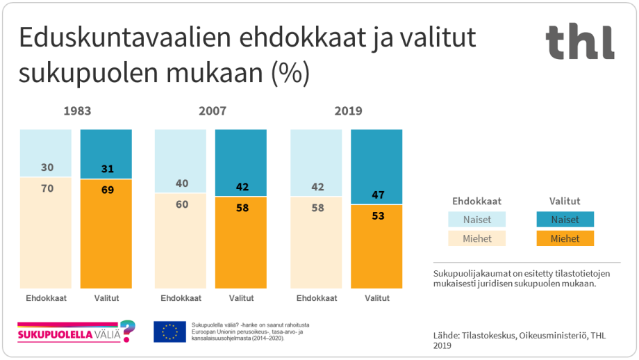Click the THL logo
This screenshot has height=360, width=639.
(580, 42)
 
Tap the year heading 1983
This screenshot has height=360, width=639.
(77, 111)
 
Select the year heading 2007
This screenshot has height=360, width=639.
(212, 111)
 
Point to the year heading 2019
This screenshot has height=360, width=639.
(348, 111)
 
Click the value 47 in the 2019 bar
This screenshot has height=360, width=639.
(377, 195)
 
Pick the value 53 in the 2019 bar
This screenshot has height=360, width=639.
(377, 215)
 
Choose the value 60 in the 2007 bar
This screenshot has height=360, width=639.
(181, 204)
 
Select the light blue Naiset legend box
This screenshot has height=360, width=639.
(476, 219)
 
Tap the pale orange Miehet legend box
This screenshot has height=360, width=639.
(476, 238)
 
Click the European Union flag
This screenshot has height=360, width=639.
(169, 332)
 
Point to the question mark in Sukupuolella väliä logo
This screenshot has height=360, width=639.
(127, 331)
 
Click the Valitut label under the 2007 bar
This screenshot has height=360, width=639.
(242, 298)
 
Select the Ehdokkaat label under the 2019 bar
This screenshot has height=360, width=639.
(317, 298)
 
